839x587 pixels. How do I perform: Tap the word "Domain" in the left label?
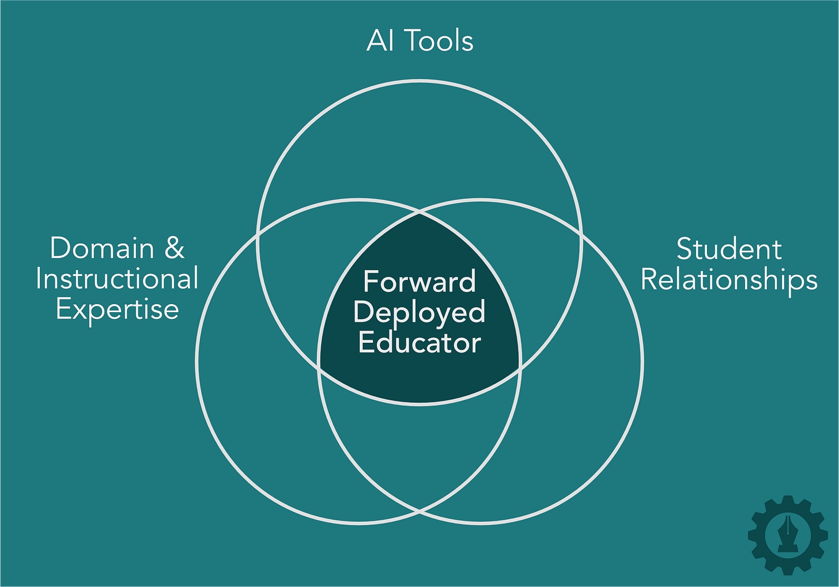click(102, 248)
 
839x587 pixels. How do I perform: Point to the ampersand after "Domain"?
click(174, 248)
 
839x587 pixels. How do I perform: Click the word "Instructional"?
click(117, 279)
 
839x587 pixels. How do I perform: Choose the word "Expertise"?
click(118, 309)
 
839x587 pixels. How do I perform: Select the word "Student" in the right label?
click(729, 249)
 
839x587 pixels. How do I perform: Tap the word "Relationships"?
click(729, 280)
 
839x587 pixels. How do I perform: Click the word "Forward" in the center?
click(419, 282)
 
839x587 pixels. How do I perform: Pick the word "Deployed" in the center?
click(419, 312)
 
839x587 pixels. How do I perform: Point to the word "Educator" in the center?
click(419, 343)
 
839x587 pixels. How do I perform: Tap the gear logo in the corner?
click(788, 535)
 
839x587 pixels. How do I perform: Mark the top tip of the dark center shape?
click(420, 213)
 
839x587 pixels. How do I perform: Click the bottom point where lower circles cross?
click(420, 510)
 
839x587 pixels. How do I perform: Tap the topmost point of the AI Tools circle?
click(420, 81)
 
